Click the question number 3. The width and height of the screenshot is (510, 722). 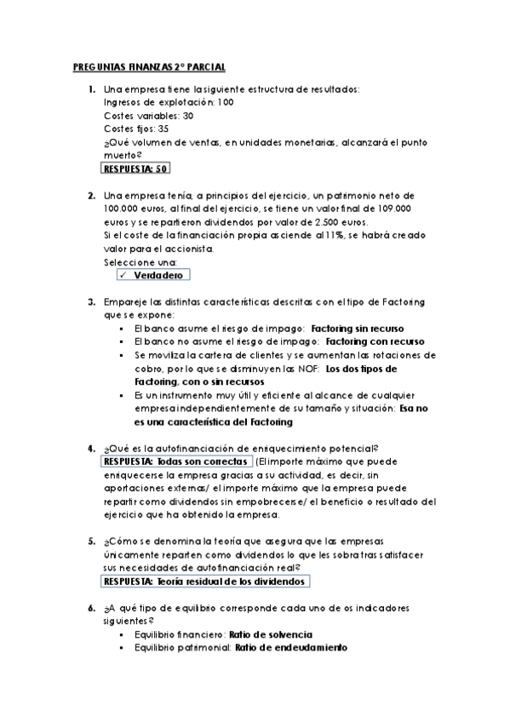(91, 301)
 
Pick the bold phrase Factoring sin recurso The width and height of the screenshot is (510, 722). (358, 328)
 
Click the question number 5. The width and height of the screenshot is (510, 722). (91, 541)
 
